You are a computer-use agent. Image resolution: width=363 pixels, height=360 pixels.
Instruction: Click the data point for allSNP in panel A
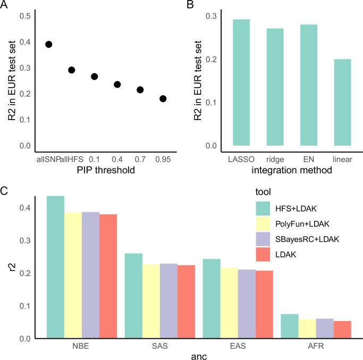pyautogui.click(x=48, y=44)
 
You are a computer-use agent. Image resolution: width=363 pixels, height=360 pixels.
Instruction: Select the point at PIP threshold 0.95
pyautogui.click(x=163, y=98)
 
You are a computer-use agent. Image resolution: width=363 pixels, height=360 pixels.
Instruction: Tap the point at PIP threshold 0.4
pyautogui.click(x=117, y=84)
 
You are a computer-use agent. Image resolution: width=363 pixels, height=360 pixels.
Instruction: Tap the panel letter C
pyautogui.click(x=4, y=189)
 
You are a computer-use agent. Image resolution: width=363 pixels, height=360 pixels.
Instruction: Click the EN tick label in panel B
pyautogui.click(x=308, y=158)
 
